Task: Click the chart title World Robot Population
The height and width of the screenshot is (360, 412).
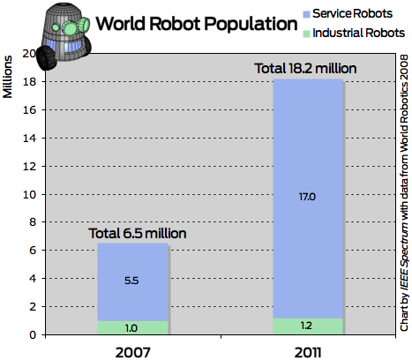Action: [x=194, y=24]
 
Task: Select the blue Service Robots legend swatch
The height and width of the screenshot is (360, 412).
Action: [x=309, y=14]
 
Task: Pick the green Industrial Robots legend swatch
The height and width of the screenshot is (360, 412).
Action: [x=309, y=34]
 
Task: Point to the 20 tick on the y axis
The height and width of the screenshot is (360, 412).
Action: [x=28, y=54]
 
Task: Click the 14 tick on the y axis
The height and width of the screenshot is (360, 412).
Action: [x=28, y=138]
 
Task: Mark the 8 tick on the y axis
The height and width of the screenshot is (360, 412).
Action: [x=32, y=222]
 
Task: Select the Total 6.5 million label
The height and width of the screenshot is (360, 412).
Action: [x=139, y=234]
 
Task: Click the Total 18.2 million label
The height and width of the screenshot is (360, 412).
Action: [x=305, y=66]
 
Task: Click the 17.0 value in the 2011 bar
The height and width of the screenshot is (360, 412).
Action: [x=306, y=197]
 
